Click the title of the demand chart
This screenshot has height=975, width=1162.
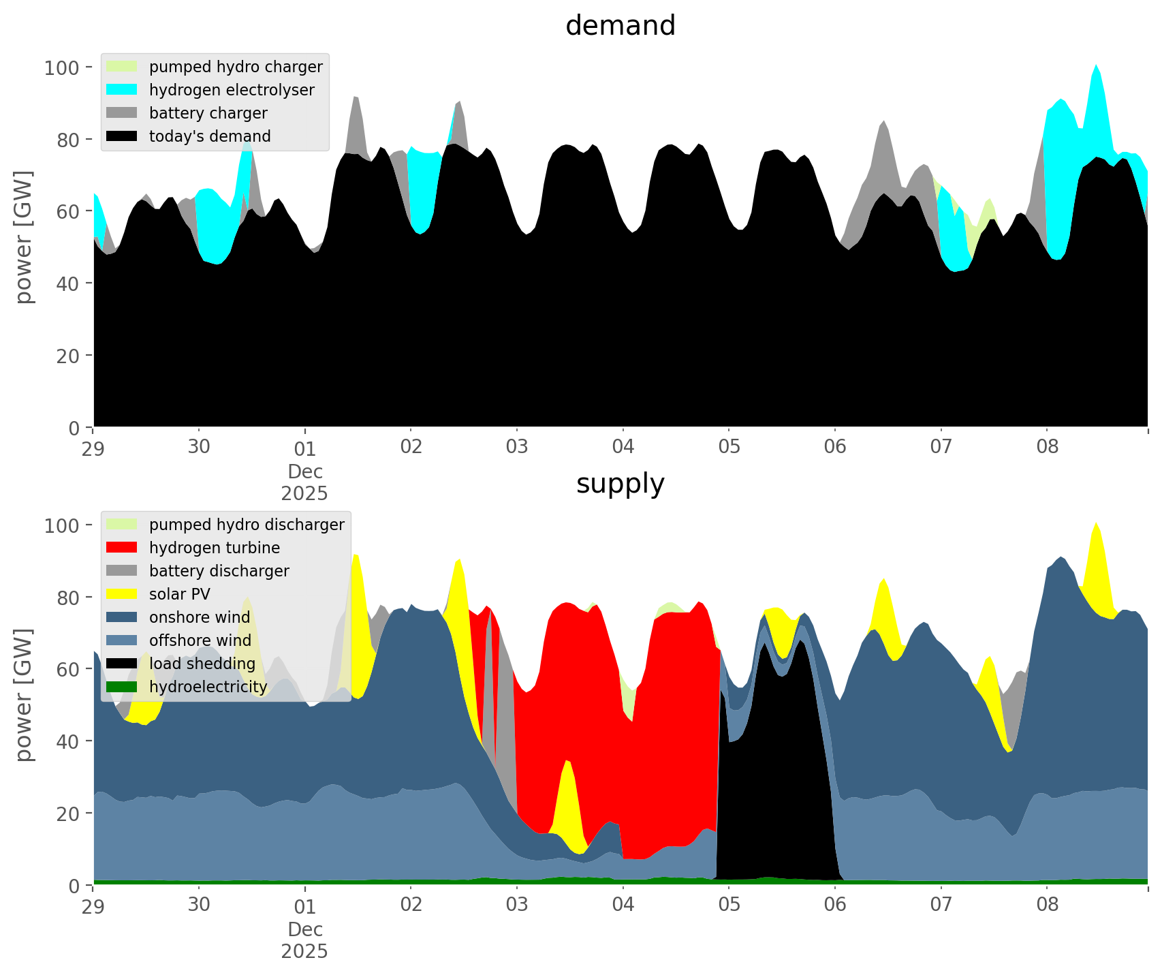tap(620, 26)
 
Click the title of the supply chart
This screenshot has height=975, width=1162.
tap(620, 484)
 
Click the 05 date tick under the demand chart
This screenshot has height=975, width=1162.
tap(729, 447)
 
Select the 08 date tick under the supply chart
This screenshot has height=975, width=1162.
tap(1047, 905)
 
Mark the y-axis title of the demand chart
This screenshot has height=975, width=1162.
tap(24, 237)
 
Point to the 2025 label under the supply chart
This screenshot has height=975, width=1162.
tap(304, 951)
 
